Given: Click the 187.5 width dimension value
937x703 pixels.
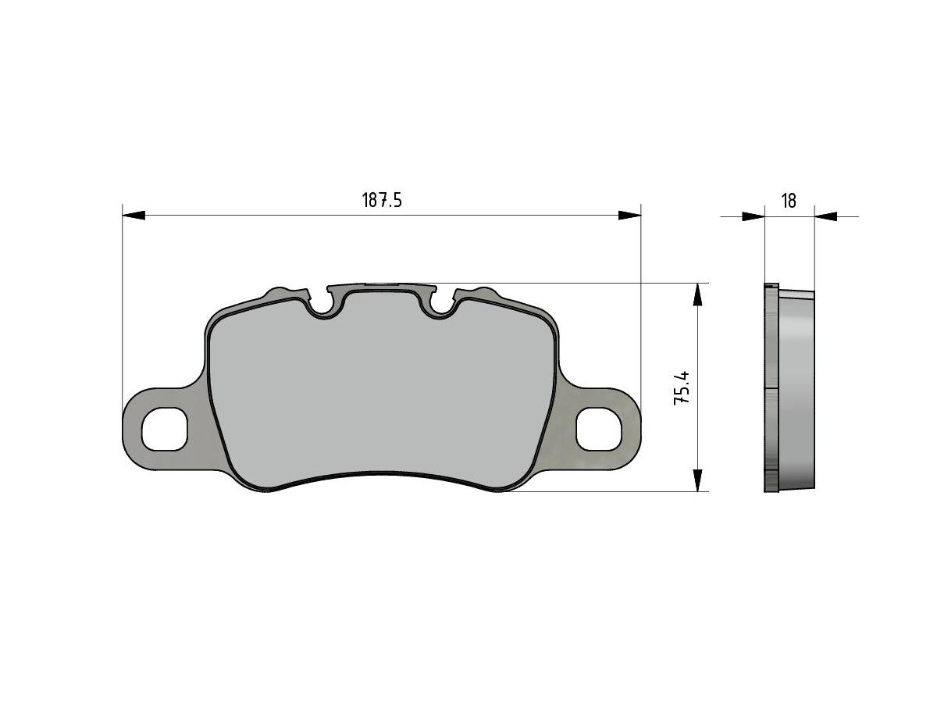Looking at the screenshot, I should tap(381, 201).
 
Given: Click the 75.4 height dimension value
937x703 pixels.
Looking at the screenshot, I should tap(682, 387).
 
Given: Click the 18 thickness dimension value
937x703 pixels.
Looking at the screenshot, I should tap(789, 201).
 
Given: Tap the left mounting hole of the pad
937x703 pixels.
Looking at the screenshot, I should tap(164, 429).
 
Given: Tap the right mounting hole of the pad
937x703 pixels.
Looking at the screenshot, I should tap(598, 429).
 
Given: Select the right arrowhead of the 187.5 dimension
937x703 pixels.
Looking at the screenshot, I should tap(629, 215).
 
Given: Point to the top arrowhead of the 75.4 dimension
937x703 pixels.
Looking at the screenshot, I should tap(697, 294).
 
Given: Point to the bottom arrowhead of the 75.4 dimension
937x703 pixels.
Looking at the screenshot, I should tap(697, 480).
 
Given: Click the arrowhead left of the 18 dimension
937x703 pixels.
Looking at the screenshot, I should tap(753, 216).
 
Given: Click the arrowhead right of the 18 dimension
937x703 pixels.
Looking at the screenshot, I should tap(826, 216).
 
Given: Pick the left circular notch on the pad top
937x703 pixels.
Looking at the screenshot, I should tap(322, 306).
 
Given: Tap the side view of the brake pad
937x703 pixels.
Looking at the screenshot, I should tap(789, 388).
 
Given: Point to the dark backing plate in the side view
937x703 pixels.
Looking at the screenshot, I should tap(771, 388).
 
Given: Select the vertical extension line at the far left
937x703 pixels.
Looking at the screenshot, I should tap(123, 312).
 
